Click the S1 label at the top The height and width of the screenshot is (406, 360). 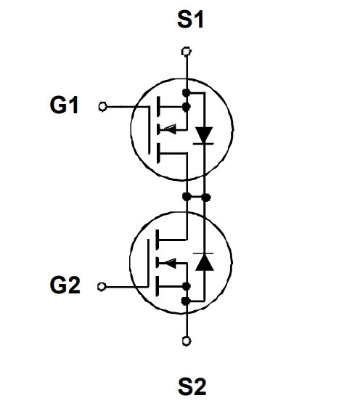[x=190, y=20]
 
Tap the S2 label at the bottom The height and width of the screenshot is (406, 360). [x=192, y=386]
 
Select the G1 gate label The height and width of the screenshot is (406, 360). [x=64, y=105]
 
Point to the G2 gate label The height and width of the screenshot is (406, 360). [x=65, y=285]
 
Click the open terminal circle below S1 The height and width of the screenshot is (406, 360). [x=186, y=52]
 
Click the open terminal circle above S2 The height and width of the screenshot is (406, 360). [x=187, y=341]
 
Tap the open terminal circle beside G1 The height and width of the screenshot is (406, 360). [x=103, y=107]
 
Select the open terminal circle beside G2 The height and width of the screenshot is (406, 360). [x=102, y=287]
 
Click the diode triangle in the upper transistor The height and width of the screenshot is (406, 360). [x=204, y=134]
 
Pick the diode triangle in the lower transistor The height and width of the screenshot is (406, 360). [x=204, y=262]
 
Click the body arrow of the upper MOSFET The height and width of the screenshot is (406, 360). [x=168, y=129]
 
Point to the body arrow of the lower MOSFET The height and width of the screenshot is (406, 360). [x=168, y=263]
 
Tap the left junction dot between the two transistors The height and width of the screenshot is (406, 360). [x=187, y=197]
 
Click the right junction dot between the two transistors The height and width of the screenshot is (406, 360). [x=206, y=198]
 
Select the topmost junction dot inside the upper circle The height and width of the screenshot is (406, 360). [x=186, y=93]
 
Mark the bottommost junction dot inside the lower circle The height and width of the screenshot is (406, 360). [x=186, y=301]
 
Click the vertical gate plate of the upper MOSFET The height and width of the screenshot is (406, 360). [x=149, y=130]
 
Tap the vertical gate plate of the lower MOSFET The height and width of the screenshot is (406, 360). [x=148, y=263]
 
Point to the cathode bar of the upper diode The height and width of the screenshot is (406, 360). [x=203, y=144]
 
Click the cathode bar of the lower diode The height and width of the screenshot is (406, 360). [x=203, y=253]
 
